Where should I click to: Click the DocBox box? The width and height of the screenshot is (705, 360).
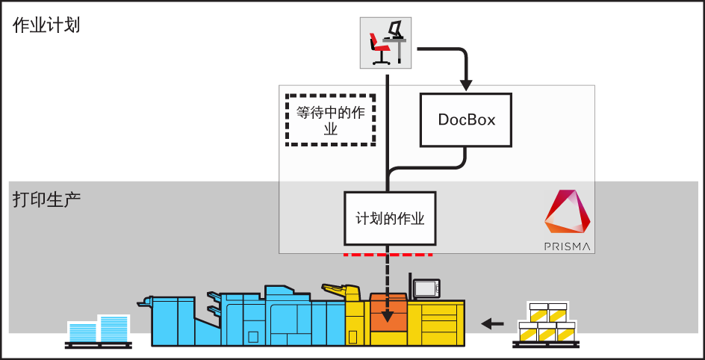(x=466, y=120)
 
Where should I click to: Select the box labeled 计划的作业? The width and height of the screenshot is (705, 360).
(x=390, y=219)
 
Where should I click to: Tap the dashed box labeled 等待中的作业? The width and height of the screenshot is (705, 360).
(x=330, y=120)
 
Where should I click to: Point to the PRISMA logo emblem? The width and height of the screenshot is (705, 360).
(x=568, y=214)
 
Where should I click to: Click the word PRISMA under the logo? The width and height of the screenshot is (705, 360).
(x=568, y=246)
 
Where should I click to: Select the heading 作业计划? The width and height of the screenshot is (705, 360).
(x=46, y=25)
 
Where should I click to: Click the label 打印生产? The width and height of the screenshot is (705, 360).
(x=46, y=200)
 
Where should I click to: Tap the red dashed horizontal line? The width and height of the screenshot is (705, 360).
(x=388, y=255)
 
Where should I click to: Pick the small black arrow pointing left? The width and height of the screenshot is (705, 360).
(x=492, y=323)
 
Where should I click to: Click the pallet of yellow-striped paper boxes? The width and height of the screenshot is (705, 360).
(x=546, y=325)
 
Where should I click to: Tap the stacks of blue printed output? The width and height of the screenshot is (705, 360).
(x=98, y=329)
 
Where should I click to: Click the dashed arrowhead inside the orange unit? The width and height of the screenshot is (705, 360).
(x=388, y=316)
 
